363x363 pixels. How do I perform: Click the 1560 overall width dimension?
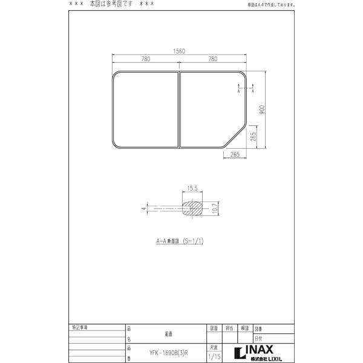point(179,52)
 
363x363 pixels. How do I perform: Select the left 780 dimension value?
point(145,59)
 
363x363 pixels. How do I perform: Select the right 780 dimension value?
point(212,59)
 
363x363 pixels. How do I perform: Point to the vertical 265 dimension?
point(255,137)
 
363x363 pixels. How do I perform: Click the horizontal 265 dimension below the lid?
point(235,155)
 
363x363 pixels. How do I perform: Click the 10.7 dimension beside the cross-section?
point(215,209)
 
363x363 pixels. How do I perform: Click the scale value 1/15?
point(214,358)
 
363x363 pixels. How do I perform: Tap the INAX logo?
point(254,350)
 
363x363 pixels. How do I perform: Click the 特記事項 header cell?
point(79,328)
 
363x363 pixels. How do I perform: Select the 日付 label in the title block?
point(258,339)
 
